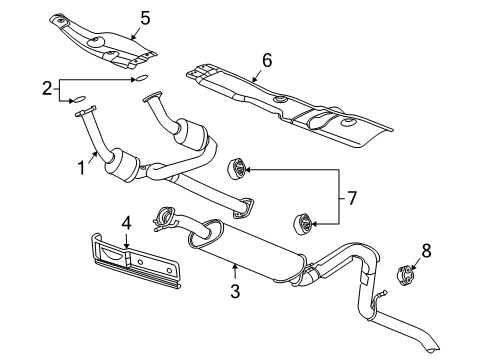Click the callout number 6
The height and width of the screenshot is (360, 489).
click(266, 60)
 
